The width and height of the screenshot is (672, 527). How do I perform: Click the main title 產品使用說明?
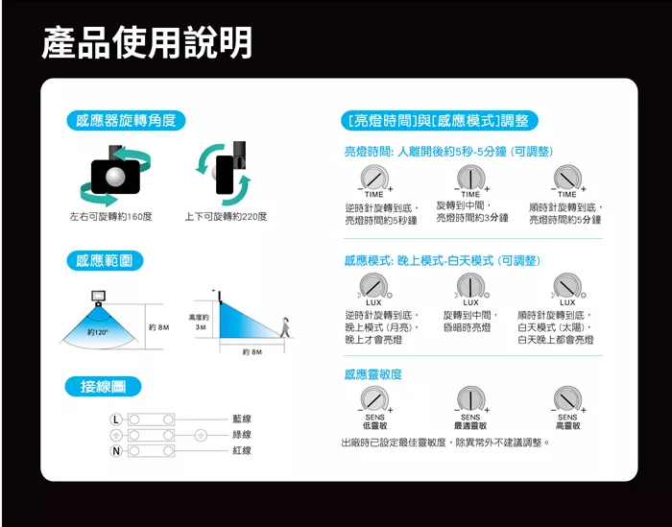tap(147, 42)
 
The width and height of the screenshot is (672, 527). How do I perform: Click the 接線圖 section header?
tap(104, 387)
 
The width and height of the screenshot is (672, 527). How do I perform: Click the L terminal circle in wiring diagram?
tap(116, 419)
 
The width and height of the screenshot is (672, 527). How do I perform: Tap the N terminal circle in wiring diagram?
tap(116, 450)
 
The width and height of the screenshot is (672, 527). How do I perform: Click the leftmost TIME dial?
tap(374, 177)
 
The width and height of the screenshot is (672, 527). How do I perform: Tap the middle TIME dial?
tap(470, 177)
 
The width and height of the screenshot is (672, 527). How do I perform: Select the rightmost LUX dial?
tap(567, 285)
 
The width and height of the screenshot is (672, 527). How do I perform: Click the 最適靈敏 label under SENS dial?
tap(470, 425)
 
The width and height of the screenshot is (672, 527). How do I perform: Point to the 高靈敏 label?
tap(567, 425)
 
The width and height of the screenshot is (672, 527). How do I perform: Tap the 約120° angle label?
tap(97, 332)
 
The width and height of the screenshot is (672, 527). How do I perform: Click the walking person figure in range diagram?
tap(285, 325)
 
